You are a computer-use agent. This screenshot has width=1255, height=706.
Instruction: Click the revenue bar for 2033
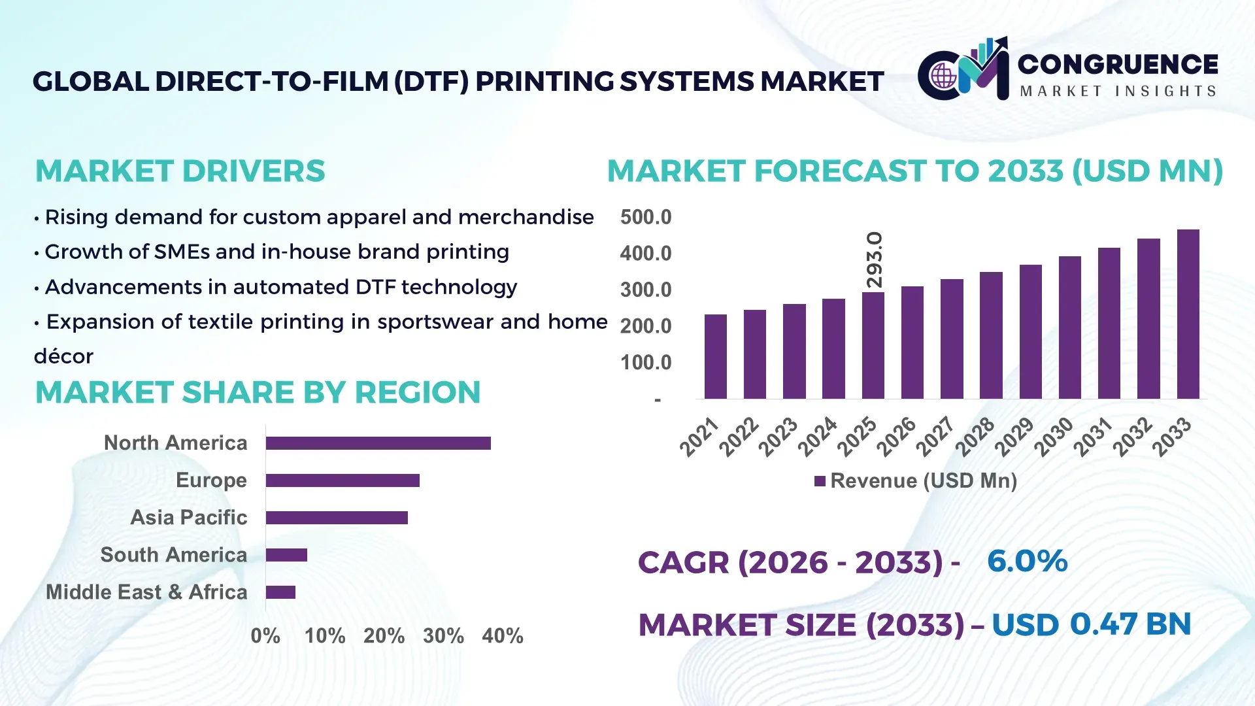coord(1188,314)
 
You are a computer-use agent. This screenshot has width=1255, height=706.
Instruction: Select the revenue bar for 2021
coord(715,357)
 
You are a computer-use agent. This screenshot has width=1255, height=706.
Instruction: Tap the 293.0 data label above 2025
coord(874,260)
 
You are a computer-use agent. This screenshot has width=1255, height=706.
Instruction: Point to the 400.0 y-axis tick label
coord(645,254)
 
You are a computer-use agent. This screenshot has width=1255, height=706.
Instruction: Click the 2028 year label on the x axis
coord(975,437)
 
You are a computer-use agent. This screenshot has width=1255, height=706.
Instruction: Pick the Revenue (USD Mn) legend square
coord(820,481)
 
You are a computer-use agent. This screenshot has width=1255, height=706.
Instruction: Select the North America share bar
coord(378,443)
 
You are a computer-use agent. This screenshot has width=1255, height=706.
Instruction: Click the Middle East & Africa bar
coord(280,592)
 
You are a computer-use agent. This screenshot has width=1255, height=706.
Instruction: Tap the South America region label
coord(173,555)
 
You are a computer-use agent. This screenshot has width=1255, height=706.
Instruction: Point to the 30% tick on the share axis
coord(443,635)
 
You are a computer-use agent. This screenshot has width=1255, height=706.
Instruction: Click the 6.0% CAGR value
coord(1027,561)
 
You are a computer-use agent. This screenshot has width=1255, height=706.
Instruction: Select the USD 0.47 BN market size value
coord(1091,624)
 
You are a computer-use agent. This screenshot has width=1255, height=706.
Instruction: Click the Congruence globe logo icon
coord(943,76)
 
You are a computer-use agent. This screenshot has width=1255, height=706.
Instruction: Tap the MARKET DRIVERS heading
coord(180,171)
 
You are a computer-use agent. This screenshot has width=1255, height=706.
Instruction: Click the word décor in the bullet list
coord(63,356)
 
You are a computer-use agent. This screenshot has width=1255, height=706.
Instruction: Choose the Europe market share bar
coord(343,480)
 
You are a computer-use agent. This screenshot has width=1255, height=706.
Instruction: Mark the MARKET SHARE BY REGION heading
coord(258,392)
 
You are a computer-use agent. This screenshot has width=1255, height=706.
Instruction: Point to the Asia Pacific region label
coord(188,518)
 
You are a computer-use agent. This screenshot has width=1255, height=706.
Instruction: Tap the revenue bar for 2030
coord(1069,328)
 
